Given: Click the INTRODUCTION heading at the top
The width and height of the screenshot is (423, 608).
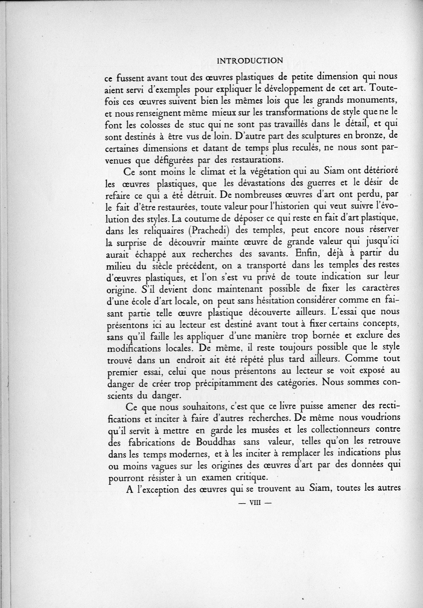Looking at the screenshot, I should pyautogui.click(x=250, y=61).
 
